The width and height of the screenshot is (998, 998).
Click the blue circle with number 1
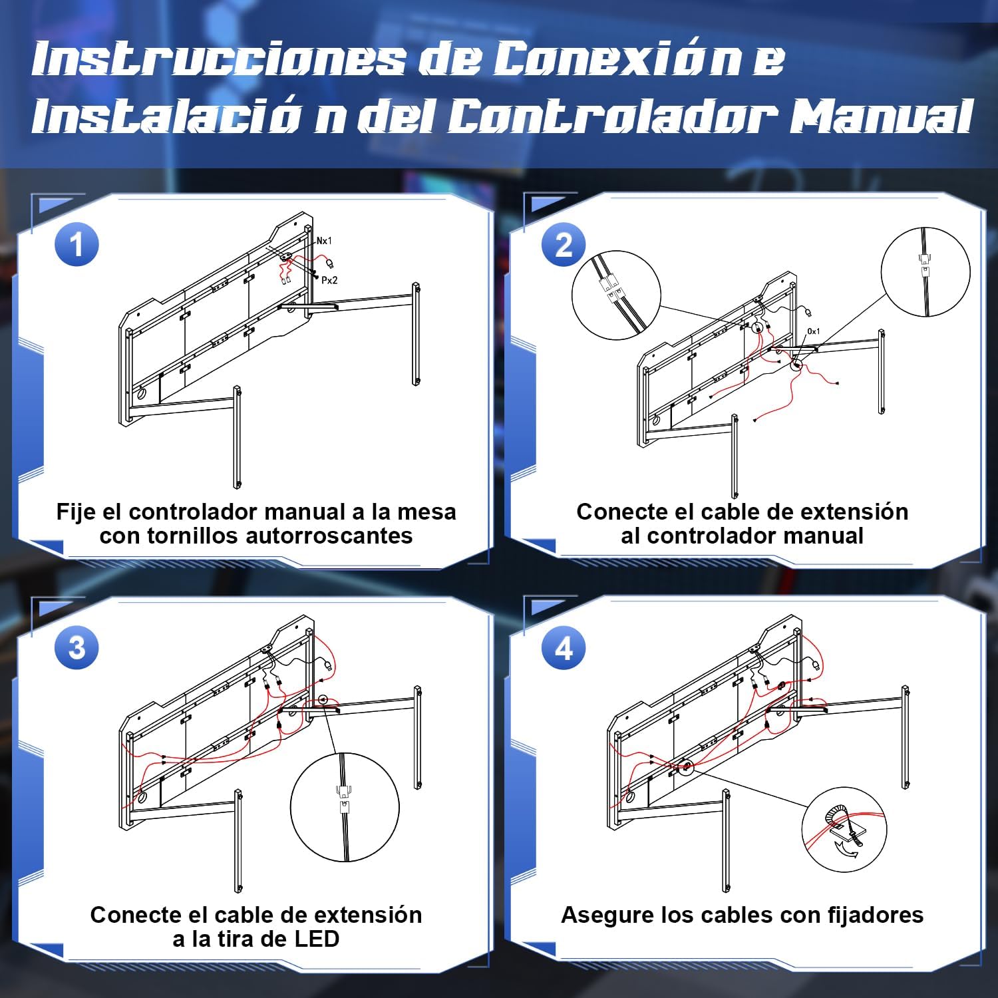77,245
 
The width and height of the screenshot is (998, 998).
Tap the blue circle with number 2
564,245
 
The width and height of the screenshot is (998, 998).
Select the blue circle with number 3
77,648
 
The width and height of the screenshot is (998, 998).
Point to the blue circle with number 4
564,648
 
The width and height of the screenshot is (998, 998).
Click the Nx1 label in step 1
324,241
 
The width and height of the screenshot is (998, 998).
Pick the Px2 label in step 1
329,280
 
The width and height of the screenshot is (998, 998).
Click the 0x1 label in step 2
813,331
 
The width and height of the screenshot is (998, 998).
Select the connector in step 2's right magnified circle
924,264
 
